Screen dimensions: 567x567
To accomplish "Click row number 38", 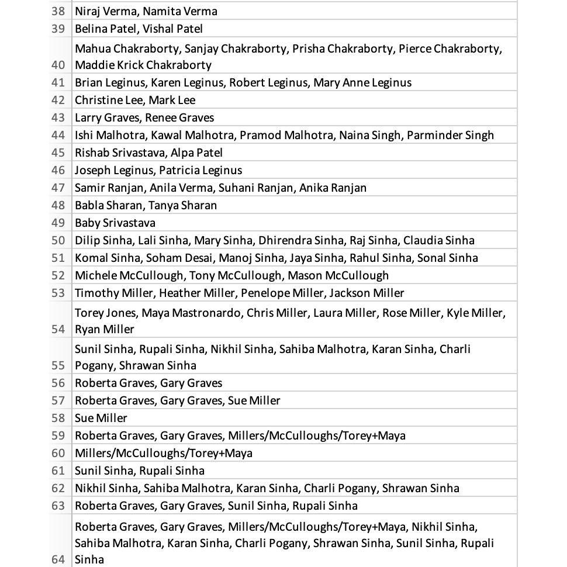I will click(x=58, y=11).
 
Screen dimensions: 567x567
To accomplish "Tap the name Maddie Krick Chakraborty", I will click(x=143, y=65).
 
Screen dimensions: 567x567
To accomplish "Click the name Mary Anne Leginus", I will click(x=362, y=82).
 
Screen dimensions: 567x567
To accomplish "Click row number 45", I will click(x=58, y=153).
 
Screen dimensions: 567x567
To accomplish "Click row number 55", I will click(x=58, y=365).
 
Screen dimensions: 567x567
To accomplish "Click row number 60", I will click(x=58, y=453).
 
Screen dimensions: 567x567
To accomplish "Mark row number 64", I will click(x=58, y=559).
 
